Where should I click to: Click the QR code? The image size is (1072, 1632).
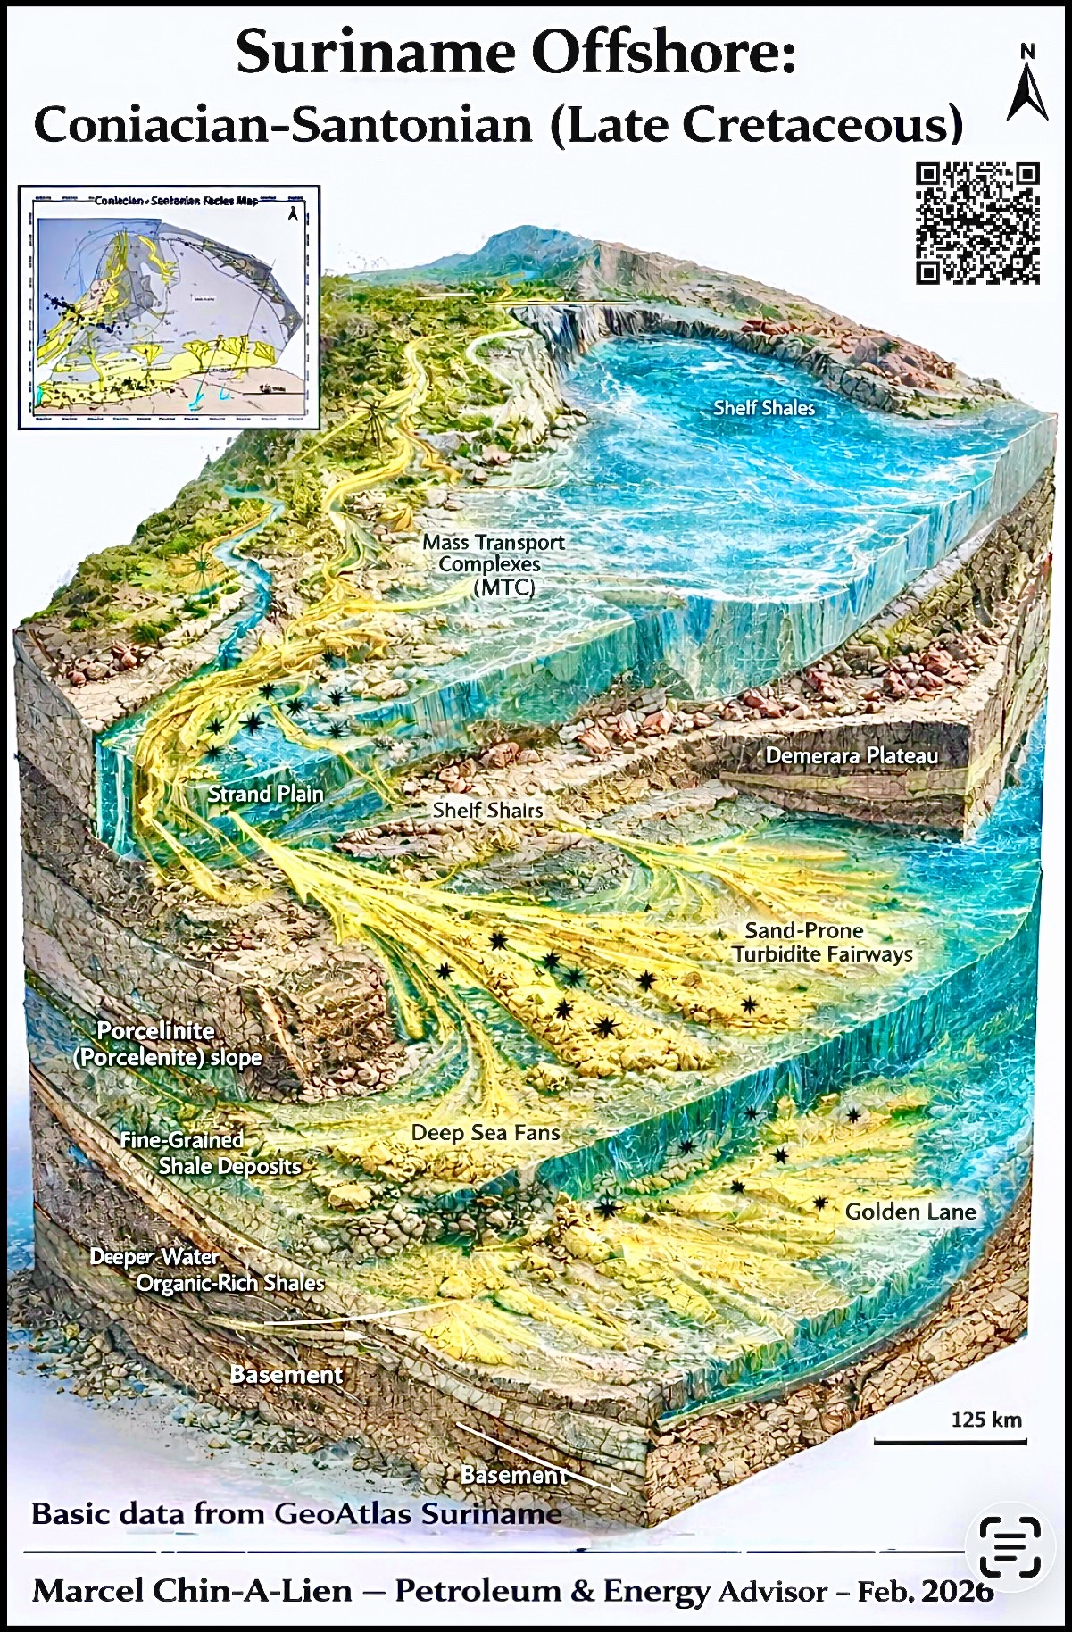977,222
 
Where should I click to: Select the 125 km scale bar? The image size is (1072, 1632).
950,1440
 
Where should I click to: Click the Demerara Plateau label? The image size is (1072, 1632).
852,756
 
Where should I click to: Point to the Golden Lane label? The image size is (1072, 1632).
910,1212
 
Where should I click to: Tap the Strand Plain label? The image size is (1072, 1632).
266,794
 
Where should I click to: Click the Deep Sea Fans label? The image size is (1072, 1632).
486,1133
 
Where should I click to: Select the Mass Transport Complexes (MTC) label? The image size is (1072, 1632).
494,564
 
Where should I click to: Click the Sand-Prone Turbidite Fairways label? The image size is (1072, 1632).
822,943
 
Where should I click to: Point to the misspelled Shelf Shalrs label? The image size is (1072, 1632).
487,810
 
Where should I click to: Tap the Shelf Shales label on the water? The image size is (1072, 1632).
764,408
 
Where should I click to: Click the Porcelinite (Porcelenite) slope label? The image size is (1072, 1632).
168,1045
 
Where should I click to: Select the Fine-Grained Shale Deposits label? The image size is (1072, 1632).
211,1153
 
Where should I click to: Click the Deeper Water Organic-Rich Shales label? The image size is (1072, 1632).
207,1270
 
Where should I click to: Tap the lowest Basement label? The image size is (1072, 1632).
513,1475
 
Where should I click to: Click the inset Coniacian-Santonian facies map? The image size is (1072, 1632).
169,307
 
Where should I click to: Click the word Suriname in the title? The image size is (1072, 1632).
375,52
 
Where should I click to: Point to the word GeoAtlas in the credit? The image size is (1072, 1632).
343,1513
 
